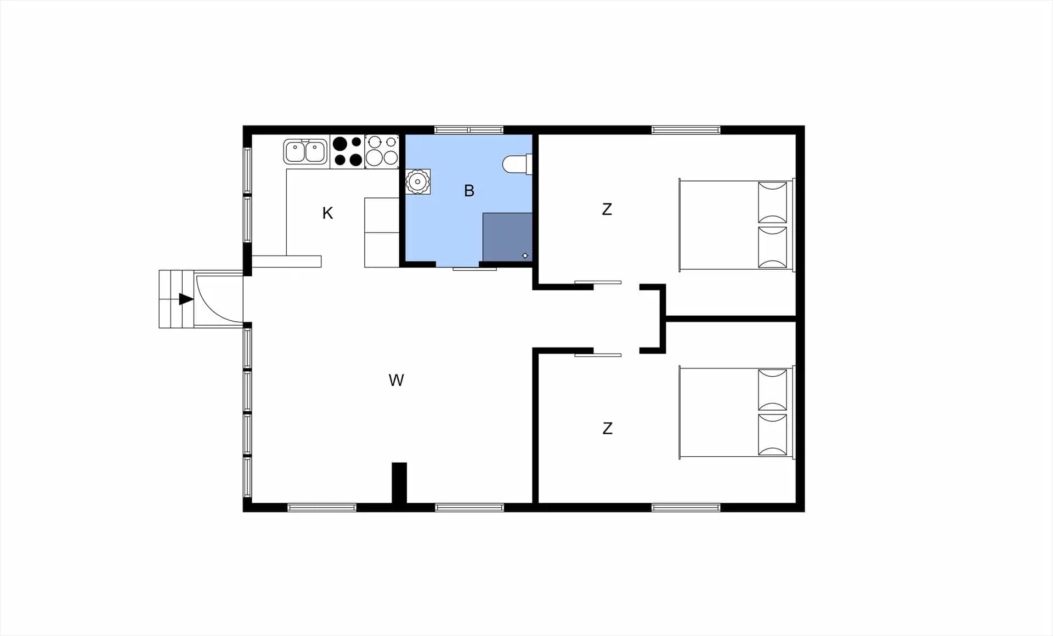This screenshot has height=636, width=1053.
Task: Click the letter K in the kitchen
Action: point(327,213)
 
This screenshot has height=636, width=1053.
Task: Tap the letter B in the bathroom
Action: point(469,191)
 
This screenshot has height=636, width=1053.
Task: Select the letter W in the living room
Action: point(396,380)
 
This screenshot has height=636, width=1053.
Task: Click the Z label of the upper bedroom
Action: point(607,209)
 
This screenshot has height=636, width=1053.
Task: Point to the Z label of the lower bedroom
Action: point(607,428)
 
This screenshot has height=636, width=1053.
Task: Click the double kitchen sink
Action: point(305,152)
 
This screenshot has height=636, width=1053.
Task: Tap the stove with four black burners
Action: point(347,151)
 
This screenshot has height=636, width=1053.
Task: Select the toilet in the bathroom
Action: point(517,164)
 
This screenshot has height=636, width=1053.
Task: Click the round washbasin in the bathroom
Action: point(418,181)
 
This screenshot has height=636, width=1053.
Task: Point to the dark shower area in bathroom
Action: point(507,237)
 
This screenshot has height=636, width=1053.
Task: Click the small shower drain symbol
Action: point(525,255)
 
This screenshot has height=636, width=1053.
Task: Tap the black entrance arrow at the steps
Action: point(186,299)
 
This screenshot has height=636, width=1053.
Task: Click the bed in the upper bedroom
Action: point(737,225)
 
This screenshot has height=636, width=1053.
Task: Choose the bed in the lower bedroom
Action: point(737,412)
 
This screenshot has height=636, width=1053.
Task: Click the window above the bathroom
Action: point(469,130)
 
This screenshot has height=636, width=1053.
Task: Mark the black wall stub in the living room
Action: point(399,483)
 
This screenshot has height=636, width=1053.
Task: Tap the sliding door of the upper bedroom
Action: point(598,282)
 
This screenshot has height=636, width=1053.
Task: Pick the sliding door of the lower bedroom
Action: point(598,355)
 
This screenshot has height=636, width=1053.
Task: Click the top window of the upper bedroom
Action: point(686,130)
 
